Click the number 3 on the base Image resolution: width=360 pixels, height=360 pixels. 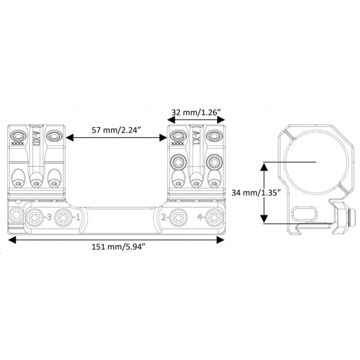[x=47, y=217]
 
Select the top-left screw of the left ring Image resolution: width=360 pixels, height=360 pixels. [x=16, y=134]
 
